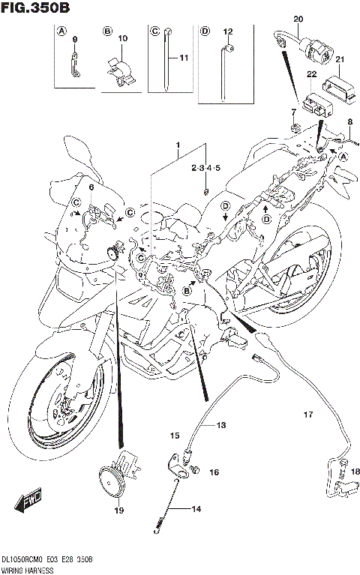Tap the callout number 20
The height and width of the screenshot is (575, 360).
[x=298, y=18]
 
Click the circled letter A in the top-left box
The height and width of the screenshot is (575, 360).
[x=61, y=31]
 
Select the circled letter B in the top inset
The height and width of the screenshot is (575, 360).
[x=108, y=31]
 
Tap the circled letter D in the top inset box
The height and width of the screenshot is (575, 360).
[x=204, y=31]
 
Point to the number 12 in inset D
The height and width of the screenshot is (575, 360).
[x=229, y=31]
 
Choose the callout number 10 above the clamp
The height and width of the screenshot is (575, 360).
[x=123, y=37]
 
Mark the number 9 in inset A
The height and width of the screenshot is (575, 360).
[x=75, y=37]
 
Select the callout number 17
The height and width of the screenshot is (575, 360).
[x=307, y=415]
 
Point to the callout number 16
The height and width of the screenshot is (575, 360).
[x=214, y=473]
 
